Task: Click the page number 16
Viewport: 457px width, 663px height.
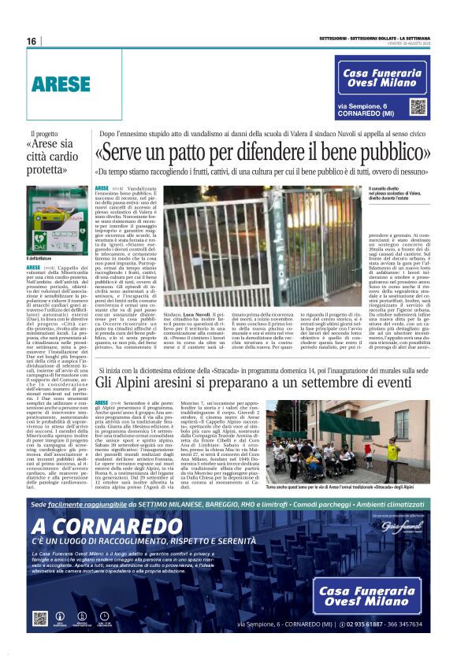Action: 32,41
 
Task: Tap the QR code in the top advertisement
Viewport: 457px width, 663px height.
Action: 417,107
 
